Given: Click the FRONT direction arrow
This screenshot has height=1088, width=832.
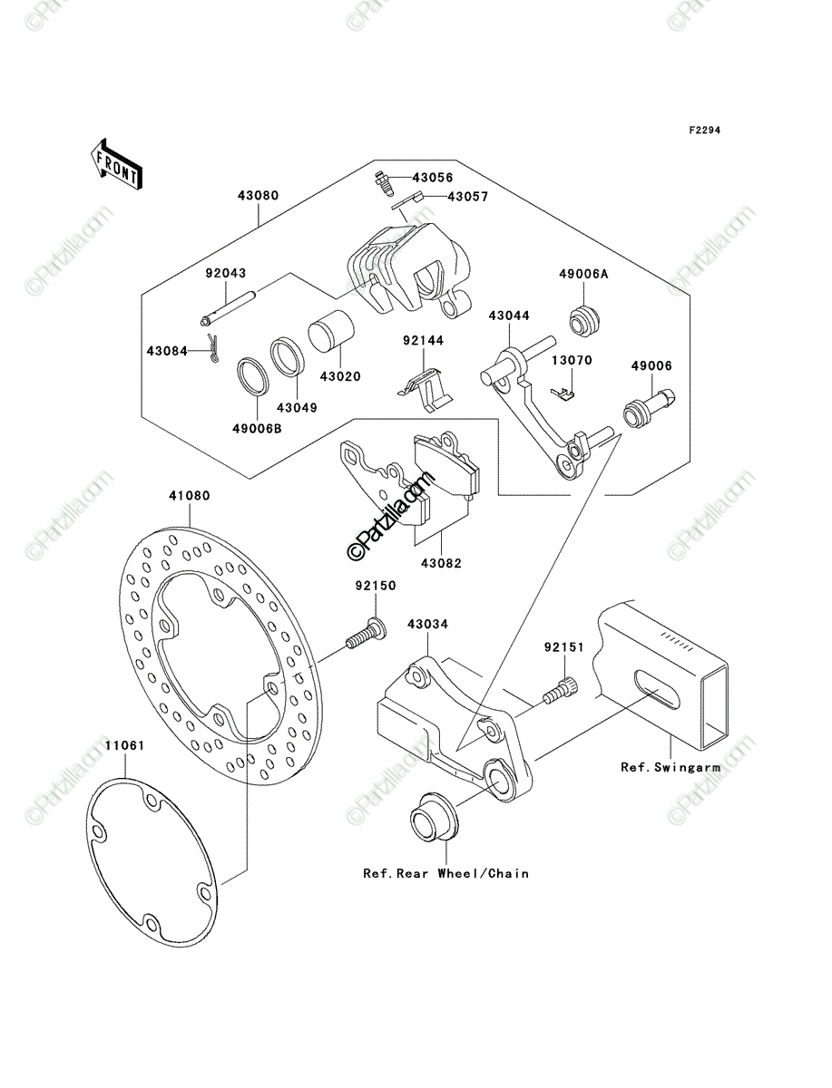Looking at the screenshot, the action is click(116, 164).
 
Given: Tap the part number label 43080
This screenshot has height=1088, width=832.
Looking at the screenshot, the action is click(258, 196).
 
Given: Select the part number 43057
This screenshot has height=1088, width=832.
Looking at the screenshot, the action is click(467, 197).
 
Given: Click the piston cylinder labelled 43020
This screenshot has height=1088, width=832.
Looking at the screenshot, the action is click(331, 331).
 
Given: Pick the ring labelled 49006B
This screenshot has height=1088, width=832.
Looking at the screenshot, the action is click(253, 376).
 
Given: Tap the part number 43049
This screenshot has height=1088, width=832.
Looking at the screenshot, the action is click(297, 408).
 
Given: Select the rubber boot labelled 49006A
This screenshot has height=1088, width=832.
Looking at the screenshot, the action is click(584, 322).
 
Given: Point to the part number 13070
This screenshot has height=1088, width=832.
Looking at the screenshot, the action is click(573, 360).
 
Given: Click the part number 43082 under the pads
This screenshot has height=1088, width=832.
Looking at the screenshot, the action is click(441, 564).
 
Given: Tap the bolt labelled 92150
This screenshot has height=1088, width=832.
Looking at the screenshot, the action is click(366, 635).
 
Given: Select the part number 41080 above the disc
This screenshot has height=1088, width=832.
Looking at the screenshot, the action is click(190, 496).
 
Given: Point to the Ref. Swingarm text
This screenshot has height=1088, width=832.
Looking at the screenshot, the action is click(670, 768).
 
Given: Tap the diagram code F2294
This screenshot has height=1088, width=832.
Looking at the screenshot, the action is click(705, 131).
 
